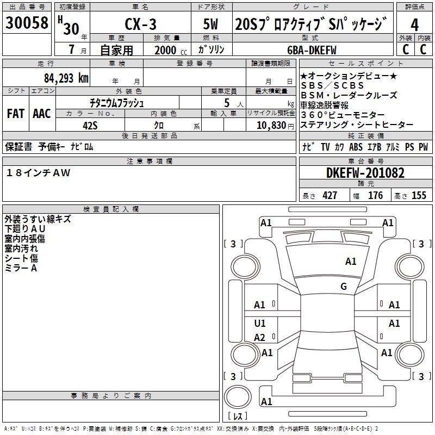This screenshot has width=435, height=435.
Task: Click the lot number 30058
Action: click(27, 22)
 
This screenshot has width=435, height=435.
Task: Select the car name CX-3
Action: click(141, 24)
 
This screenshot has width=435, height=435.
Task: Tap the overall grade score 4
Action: click(414, 25)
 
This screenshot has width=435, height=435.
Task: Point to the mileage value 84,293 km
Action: click(66, 78)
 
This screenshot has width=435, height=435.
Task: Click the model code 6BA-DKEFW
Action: click(312, 50)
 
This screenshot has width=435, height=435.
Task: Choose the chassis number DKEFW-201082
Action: click(365, 173)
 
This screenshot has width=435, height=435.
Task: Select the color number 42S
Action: click(90, 126)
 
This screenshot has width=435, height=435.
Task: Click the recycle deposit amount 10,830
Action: click(271, 126)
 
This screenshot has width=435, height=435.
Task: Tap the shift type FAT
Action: click(16, 114)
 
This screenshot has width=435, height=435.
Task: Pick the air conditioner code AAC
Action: click(42, 114)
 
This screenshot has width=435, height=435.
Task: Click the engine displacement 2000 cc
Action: click(171, 50)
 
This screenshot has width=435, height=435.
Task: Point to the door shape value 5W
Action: click(210, 24)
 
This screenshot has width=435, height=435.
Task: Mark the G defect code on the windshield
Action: click(344, 286)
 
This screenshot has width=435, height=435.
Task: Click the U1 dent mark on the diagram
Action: click(260, 323)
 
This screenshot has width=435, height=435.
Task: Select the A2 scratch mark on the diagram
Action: click(260, 337)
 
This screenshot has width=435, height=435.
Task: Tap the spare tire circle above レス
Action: click(238, 397)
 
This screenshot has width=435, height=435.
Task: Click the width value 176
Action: click(375, 195)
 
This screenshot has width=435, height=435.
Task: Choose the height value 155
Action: click(419, 195)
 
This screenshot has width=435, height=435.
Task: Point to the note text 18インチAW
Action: click(38, 173)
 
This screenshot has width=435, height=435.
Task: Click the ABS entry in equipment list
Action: click(356, 147)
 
